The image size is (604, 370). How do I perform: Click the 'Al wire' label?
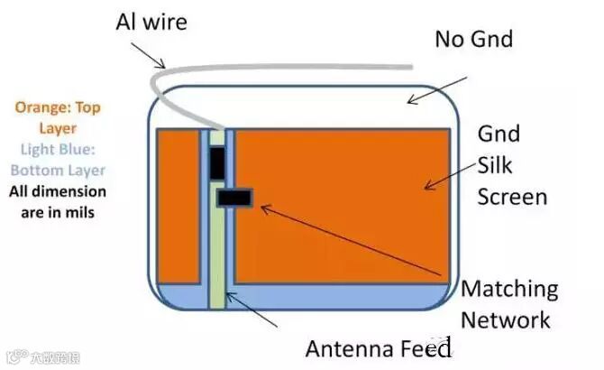click(x=151, y=21)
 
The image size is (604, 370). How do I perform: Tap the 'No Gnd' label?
click(x=473, y=39)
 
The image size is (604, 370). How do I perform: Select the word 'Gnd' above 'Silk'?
click(x=498, y=134)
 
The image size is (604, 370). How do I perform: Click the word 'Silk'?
click(x=494, y=165)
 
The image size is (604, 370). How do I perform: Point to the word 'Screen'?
click(x=512, y=196)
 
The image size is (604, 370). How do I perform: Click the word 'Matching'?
click(x=509, y=290)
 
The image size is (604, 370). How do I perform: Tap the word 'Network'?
click(x=506, y=319)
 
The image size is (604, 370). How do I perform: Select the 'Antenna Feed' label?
click(x=377, y=348)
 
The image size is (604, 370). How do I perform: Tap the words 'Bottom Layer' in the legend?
click(x=58, y=170)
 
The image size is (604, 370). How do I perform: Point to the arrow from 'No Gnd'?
click(x=436, y=89)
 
